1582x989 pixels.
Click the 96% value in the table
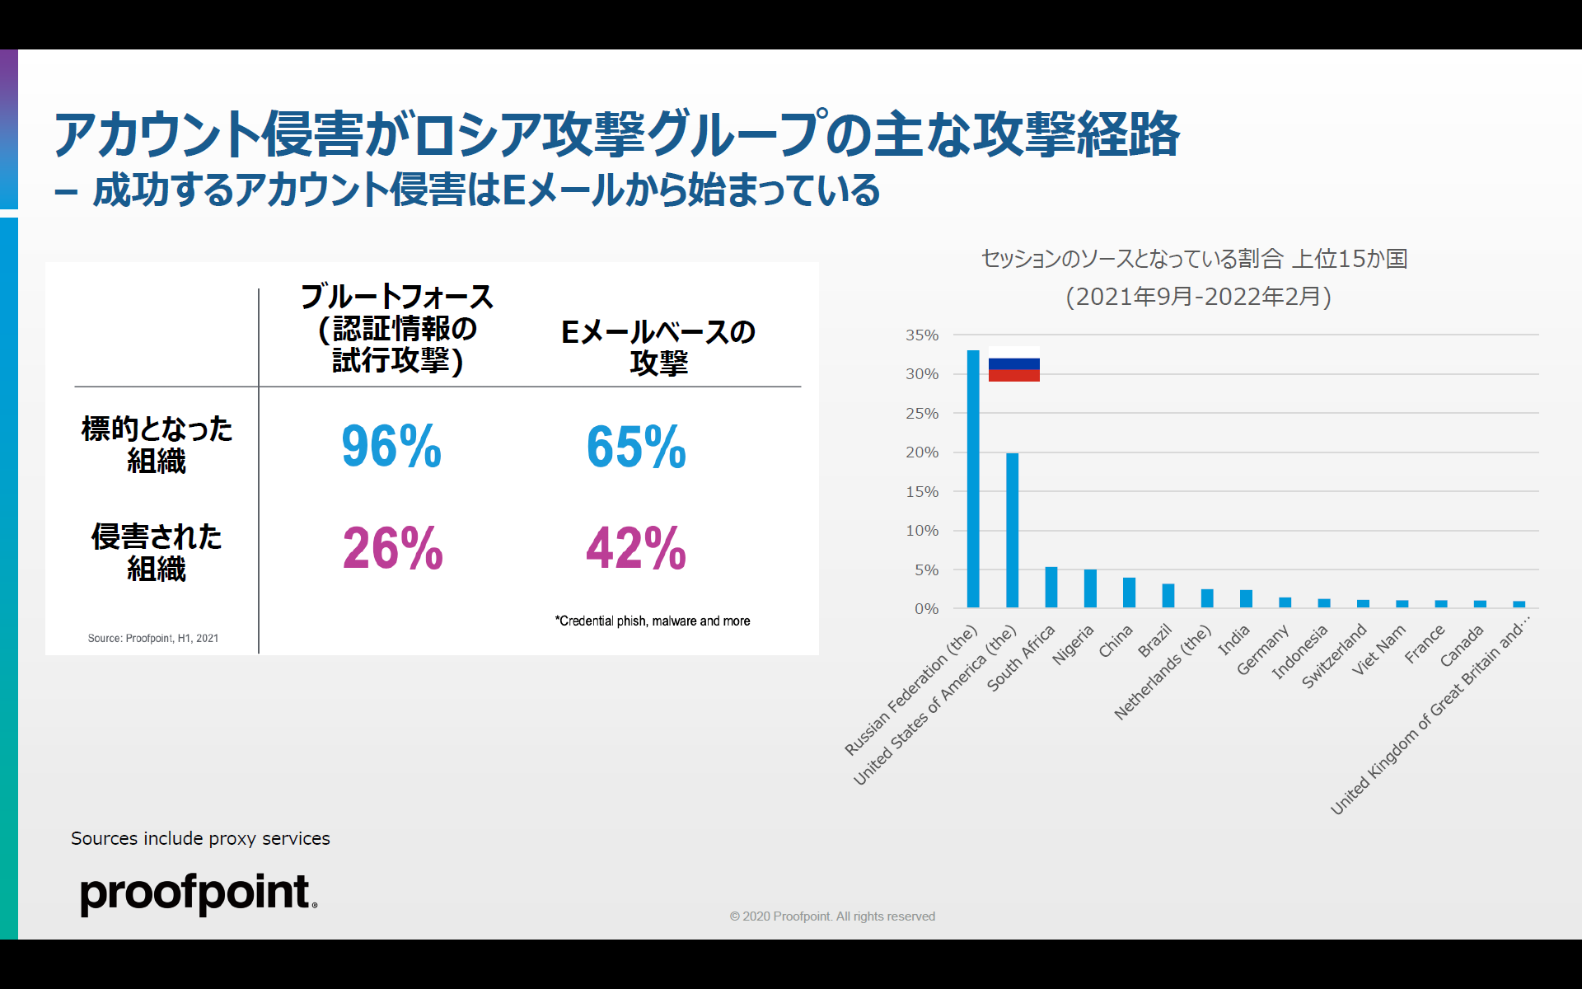point(391,447)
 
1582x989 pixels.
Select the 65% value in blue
point(636,447)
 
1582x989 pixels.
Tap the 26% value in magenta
point(392,549)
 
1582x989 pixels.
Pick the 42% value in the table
point(636,549)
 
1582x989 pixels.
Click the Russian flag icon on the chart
point(1013,364)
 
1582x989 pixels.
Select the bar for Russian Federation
point(973,478)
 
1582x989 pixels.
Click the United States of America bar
point(1012,530)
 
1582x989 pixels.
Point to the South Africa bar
point(1051,587)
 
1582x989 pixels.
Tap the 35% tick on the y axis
point(922,335)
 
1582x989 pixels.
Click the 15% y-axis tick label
point(922,492)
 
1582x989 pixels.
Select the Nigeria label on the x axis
point(1074,644)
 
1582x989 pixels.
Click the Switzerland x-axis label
point(1334,657)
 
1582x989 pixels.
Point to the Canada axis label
point(1462,646)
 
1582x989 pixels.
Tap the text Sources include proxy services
point(200,838)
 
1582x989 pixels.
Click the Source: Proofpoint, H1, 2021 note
point(153,638)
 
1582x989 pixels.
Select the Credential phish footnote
point(653,621)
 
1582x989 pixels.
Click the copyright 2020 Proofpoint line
point(832,916)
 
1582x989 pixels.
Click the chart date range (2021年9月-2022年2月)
point(1198,297)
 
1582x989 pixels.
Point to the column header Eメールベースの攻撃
point(658,347)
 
